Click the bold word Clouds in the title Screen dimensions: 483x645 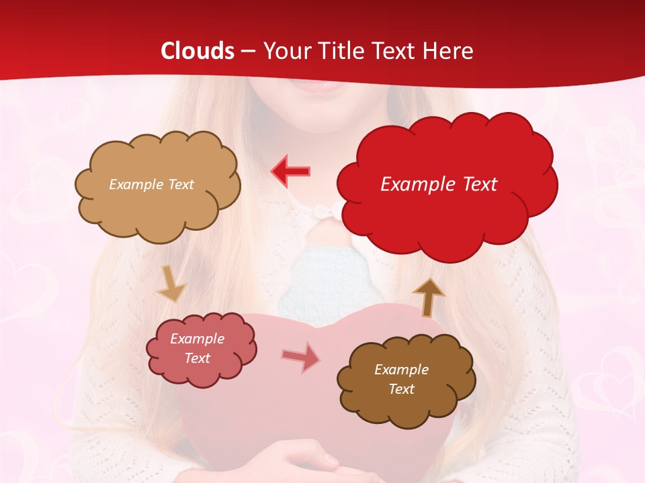click(198, 51)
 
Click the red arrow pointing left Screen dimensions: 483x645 click(290, 171)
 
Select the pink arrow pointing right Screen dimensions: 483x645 click(301, 357)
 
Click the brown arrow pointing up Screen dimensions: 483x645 click(428, 297)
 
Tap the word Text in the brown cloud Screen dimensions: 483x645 click(401, 389)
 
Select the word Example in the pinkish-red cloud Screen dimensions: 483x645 click(197, 339)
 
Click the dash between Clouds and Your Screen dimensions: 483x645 click(248, 52)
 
